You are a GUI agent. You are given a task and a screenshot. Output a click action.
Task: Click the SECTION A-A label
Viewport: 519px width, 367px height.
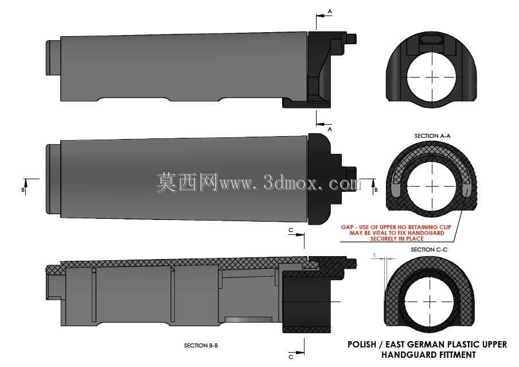(432, 136)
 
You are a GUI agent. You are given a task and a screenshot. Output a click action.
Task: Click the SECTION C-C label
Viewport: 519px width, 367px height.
(429, 250)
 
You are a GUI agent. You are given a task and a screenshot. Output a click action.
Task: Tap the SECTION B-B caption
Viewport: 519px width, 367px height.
(201, 345)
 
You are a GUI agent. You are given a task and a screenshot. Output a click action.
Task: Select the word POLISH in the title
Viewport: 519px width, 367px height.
(362, 345)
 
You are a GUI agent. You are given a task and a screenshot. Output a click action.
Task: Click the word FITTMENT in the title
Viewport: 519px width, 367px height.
(458, 355)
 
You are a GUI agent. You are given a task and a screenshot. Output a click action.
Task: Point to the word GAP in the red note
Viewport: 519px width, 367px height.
(347, 227)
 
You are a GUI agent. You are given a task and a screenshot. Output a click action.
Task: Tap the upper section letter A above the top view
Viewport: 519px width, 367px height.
(330, 11)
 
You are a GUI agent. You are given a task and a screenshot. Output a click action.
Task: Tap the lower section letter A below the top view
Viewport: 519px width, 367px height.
(330, 129)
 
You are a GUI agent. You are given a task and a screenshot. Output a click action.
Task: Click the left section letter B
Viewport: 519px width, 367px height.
(23, 190)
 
